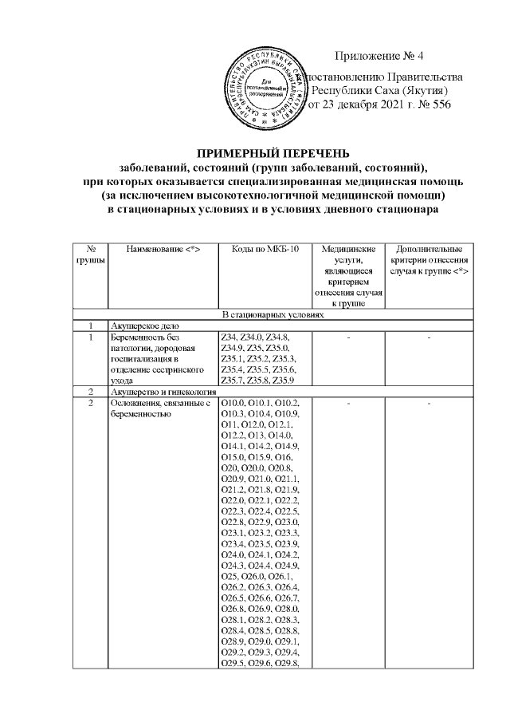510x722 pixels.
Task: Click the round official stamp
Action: click(x=266, y=85)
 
